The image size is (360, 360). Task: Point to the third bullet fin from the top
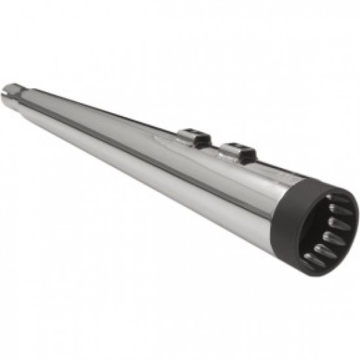coord(337,223)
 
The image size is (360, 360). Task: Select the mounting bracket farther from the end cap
coord(195,138)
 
